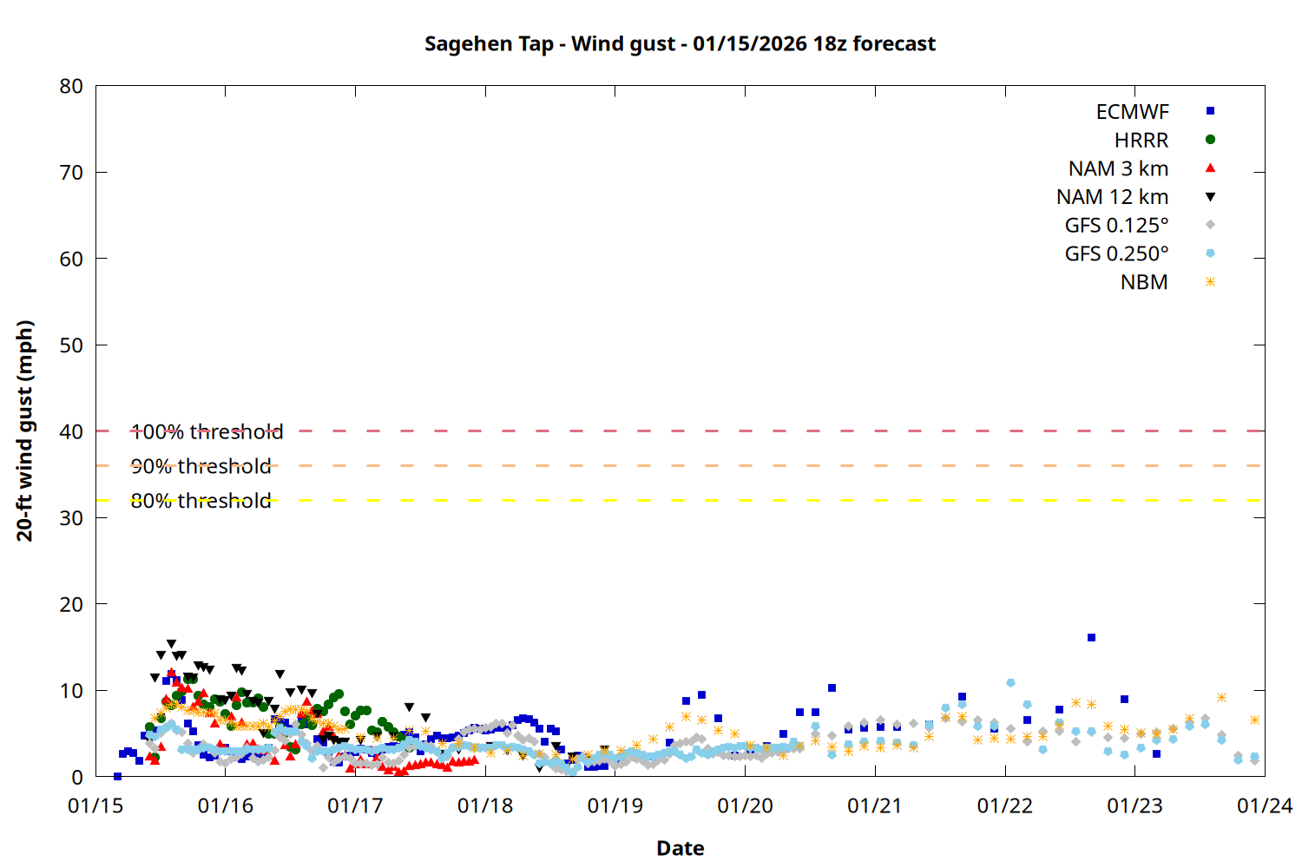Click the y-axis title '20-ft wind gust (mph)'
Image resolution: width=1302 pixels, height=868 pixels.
25,431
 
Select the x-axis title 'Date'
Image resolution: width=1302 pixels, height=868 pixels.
680,848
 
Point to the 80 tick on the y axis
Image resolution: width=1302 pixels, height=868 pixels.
71,86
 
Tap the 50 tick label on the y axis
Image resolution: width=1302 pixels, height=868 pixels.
71,345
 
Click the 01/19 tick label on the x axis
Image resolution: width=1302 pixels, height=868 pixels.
615,806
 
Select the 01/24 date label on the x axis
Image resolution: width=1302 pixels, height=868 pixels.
1264,806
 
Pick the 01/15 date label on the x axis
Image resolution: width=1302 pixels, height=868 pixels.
95,806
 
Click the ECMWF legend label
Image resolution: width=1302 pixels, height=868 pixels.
1132,112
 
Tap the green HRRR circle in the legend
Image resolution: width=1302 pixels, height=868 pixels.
1210,140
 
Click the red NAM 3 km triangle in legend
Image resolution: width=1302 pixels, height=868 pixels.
1210,168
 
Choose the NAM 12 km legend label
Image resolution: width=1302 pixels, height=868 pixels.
1112,197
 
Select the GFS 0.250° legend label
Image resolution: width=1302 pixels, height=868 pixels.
1116,253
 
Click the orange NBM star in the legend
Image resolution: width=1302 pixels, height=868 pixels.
1210,282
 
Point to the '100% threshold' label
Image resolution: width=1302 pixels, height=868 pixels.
207,431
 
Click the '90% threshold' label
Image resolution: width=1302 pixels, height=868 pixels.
201,466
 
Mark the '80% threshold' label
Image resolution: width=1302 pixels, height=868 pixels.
201,501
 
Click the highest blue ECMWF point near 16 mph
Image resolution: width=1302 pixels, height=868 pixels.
1091,638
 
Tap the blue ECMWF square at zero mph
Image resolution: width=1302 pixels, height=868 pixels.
117,776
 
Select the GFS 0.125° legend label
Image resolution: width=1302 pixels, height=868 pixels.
1116,226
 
